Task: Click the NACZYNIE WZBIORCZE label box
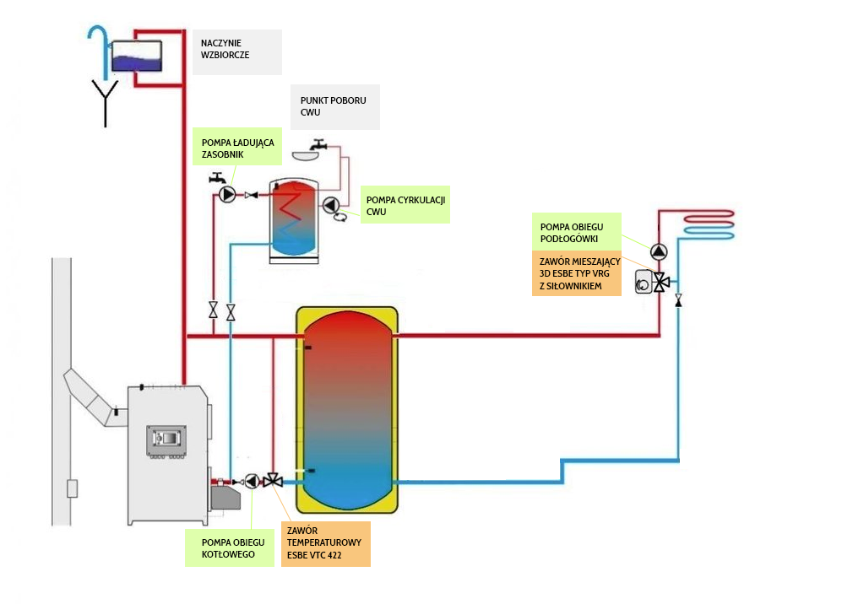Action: [x=236, y=52]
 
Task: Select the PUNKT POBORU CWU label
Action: [x=334, y=106]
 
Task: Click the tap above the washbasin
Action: [x=317, y=146]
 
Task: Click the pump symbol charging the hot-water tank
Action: [x=226, y=196]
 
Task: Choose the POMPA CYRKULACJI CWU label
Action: [x=405, y=205]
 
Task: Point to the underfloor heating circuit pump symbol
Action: [x=659, y=251]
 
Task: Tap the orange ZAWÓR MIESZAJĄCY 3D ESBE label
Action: [x=576, y=273]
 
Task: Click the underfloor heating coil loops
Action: [x=709, y=223]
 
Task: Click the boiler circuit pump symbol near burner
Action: [x=252, y=482]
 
